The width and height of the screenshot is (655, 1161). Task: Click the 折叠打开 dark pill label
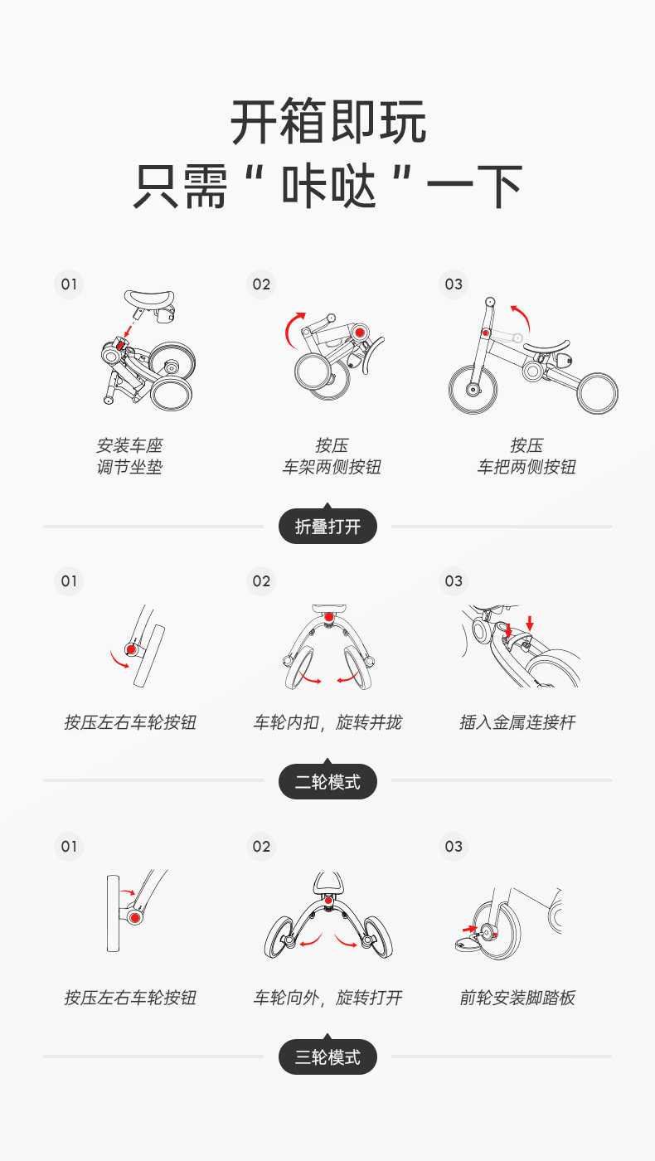[327, 526]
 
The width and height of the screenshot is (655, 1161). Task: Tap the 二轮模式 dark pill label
[327, 781]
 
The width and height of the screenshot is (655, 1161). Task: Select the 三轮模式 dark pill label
[327, 1057]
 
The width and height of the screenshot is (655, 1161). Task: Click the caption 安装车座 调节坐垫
[129, 456]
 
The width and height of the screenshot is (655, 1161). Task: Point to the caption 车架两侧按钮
[332, 467]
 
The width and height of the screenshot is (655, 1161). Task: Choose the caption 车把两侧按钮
[526, 467]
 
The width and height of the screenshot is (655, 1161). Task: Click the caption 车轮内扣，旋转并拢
[327, 722]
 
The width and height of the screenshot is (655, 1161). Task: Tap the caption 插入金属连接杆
[517, 722]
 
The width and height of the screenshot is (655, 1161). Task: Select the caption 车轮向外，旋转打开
[327, 997]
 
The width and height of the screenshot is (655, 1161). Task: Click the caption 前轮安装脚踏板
[517, 997]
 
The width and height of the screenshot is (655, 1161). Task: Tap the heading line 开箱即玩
[328, 122]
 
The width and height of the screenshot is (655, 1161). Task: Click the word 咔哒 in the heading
[328, 186]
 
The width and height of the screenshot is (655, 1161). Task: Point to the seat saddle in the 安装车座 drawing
[149, 299]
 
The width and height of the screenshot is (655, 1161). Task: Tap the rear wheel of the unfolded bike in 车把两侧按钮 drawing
[598, 393]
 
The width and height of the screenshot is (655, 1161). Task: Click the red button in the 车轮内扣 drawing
[329, 617]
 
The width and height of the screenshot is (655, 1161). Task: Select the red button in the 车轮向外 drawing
[328, 901]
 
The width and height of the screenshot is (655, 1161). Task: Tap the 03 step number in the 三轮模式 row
[454, 847]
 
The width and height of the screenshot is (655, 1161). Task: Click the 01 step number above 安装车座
[69, 284]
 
